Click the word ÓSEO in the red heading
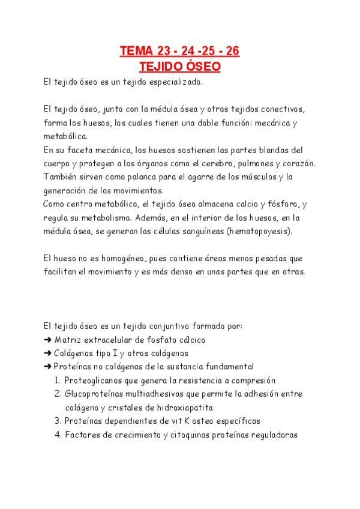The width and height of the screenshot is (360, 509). coord(200,66)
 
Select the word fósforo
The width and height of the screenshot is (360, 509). coord(279,204)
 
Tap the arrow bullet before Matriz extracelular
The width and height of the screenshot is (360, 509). coord(47,340)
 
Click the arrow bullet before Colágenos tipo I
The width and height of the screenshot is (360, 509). coord(47,353)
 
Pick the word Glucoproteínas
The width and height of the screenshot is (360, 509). coord(94,394)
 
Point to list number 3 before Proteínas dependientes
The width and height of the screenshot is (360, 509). coord(57,421)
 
